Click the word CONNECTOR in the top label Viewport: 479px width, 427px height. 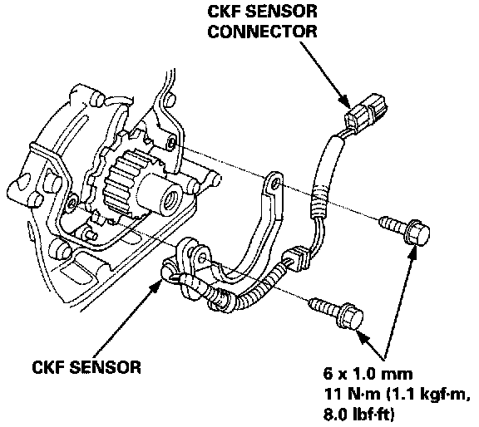(x=263, y=32)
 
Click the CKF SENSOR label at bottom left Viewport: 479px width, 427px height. (x=86, y=367)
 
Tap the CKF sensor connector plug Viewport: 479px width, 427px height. (x=366, y=112)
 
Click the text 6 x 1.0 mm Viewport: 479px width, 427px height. (x=368, y=374)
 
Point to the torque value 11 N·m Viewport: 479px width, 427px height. (x=353, y=394)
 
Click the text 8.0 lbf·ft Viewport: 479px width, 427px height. (x=359, y=415)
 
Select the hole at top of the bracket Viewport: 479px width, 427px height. (x=275, y=184)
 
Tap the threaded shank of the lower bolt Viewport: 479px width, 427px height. (x=325, y=307)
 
